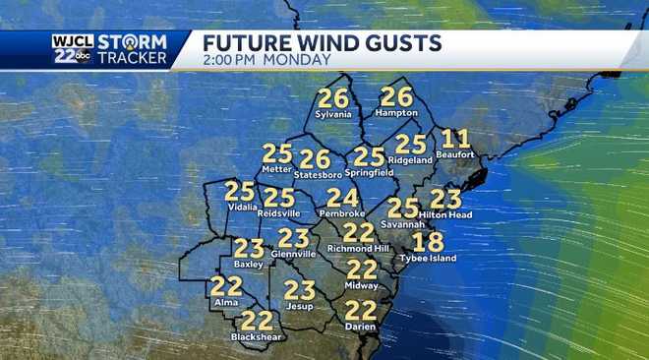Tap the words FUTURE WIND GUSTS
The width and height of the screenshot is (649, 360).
pos(322,42)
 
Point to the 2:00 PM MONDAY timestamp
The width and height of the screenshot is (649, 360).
pos(265,60)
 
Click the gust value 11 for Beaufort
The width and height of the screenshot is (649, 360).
pos(456,140)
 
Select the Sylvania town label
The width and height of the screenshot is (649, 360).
pos(333,114)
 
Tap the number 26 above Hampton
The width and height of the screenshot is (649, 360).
pos(396,96)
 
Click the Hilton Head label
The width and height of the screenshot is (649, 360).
pos(445,214)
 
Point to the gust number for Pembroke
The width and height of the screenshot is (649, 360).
pos(342,197)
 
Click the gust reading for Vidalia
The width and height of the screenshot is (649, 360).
pos(240,191)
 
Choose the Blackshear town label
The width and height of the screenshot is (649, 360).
pos(257,336)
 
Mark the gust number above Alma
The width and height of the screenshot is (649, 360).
pos(225,286)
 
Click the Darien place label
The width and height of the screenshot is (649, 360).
pos(361,327)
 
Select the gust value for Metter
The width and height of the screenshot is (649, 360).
pos(277,153)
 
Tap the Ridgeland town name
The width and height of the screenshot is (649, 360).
pos(411,159)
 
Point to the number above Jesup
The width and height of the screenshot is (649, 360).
pos(299,290)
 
